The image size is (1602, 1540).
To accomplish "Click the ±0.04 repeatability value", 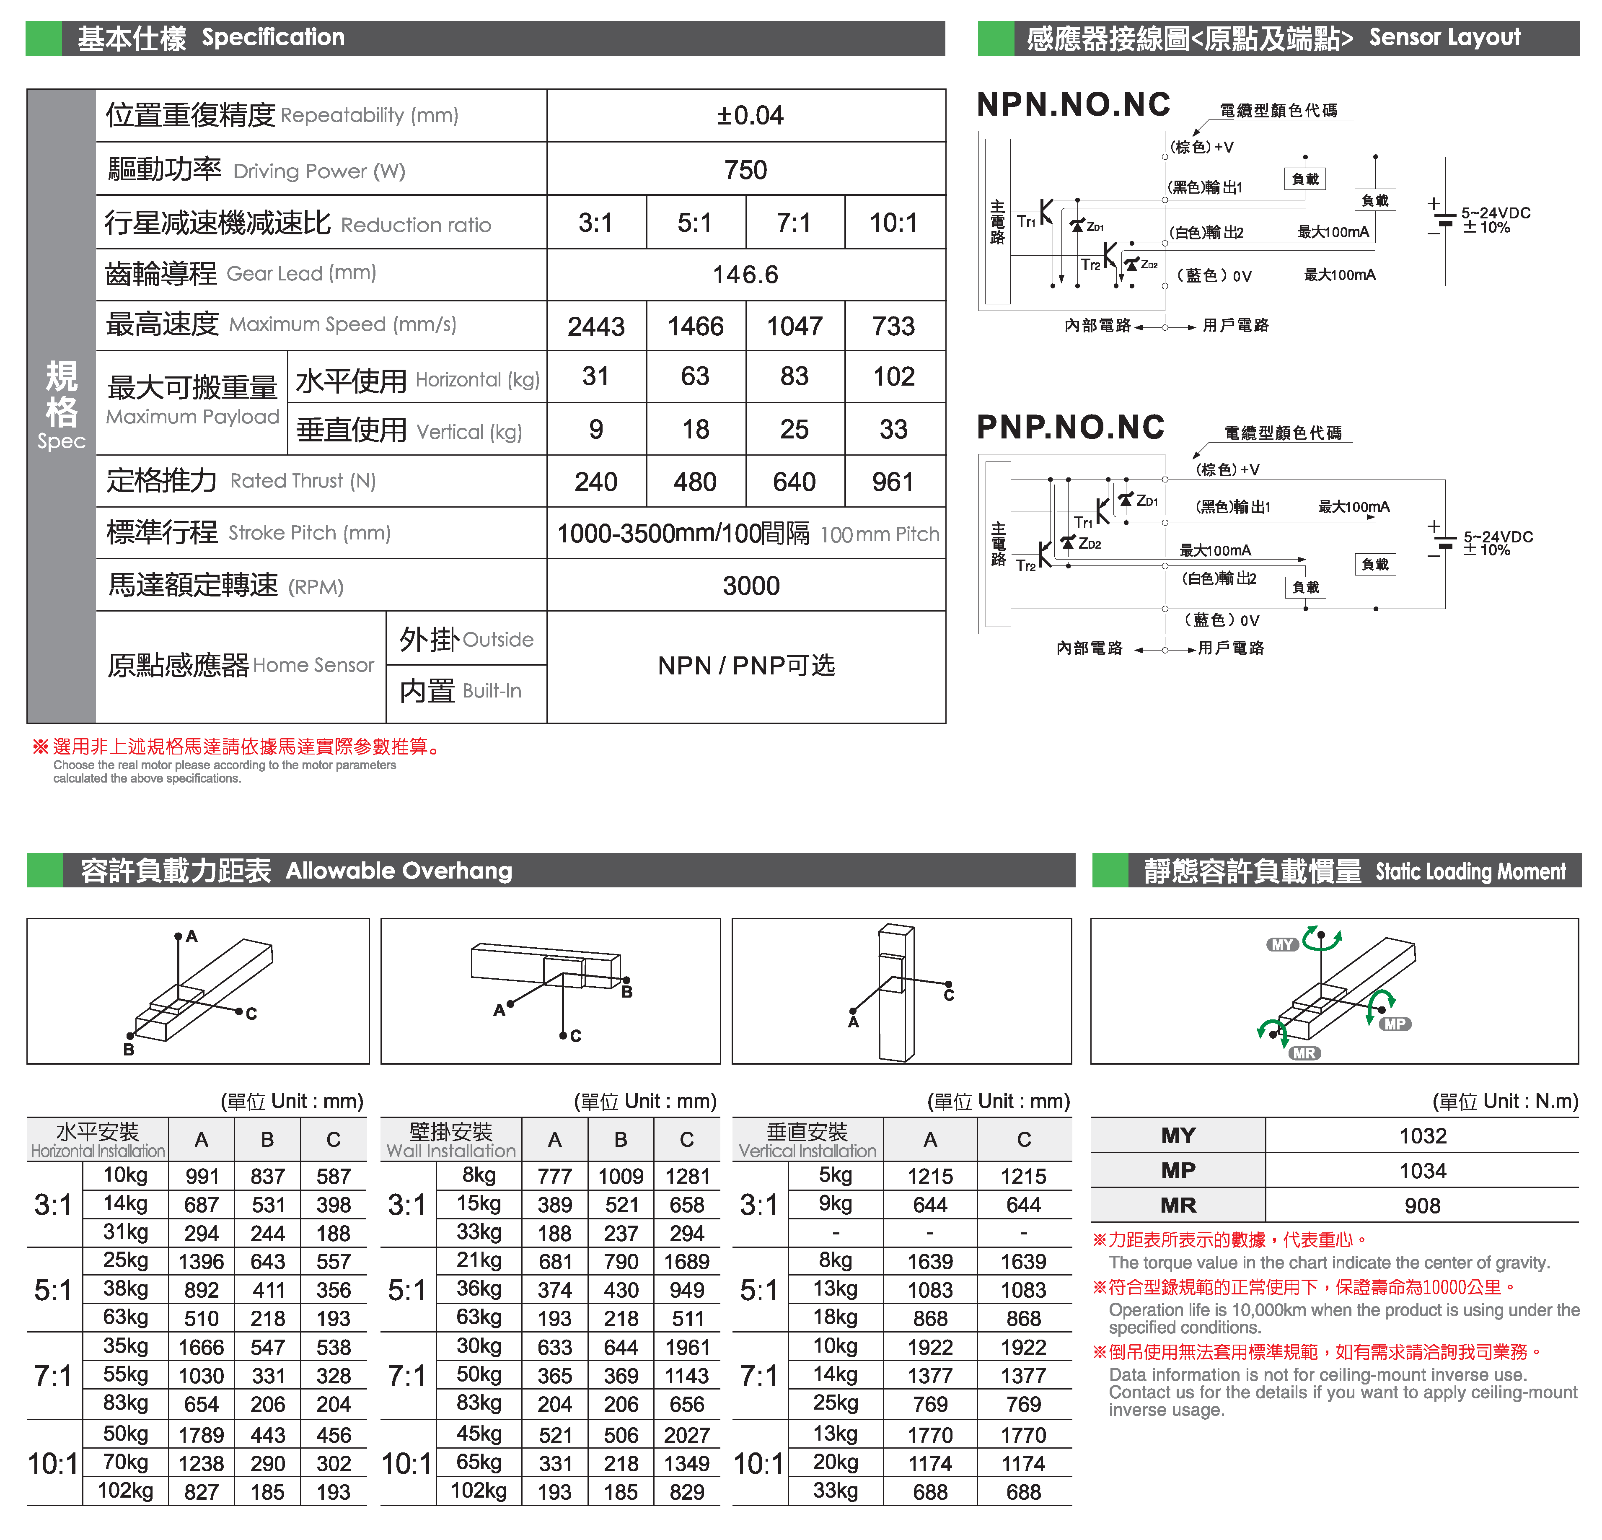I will tap(750, 115).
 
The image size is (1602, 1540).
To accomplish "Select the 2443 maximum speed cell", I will tap(596, 326).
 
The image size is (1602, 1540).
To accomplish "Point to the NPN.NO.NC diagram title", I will tap(1073, 105).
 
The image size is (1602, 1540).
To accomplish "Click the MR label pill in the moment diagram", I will tap(1304, 1053).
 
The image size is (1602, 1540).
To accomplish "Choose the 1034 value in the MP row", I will tap(1422, 1171).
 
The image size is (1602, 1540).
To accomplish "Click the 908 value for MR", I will tap(1422, 1206).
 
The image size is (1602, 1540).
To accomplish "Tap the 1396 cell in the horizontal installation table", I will tap(201, 1261).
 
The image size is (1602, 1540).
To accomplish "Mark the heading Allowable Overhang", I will tap(399, 871).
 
